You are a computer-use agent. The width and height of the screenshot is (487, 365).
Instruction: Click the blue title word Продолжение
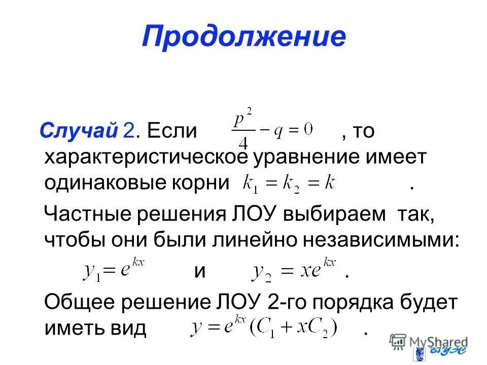(x=243, y=37)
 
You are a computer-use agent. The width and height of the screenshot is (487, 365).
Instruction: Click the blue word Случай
(x=79, y=131)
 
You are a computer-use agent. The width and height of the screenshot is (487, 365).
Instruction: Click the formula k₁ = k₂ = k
(x=289, y=183)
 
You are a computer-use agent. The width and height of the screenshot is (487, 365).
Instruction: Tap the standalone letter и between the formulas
(x=200, y=271)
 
